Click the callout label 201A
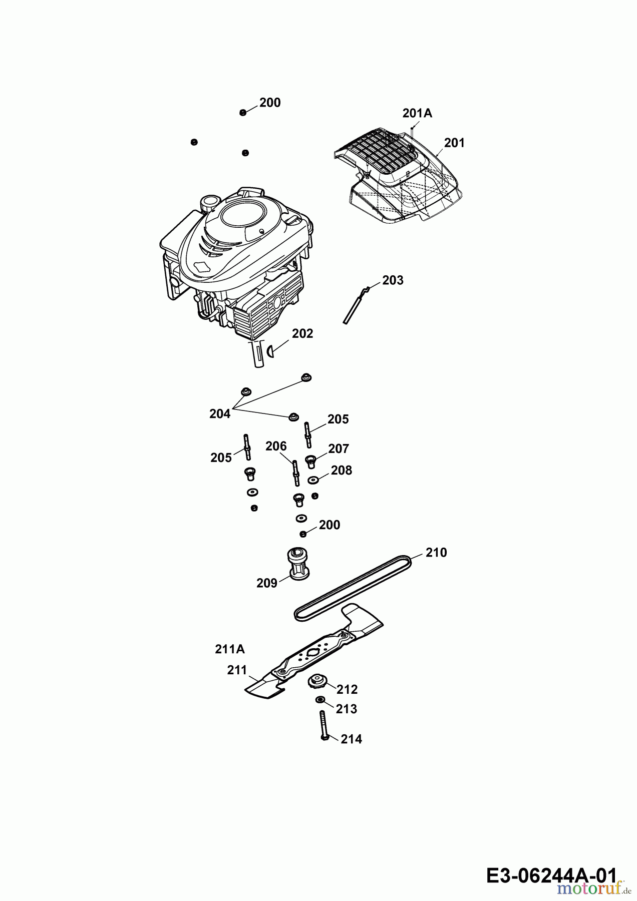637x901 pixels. pos(417,114)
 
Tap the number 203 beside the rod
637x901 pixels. pos(393,280)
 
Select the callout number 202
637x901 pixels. pos(302,333)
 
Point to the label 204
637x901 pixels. pos(220,414)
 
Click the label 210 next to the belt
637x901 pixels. pos(436,553)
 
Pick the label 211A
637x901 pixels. pos(230,649)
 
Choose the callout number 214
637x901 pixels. pos(351,739)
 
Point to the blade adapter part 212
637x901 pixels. pos(316,681)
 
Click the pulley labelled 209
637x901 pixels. pos(299,564)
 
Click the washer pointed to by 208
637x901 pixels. pos(314,481)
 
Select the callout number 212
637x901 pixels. pos(347,690)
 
